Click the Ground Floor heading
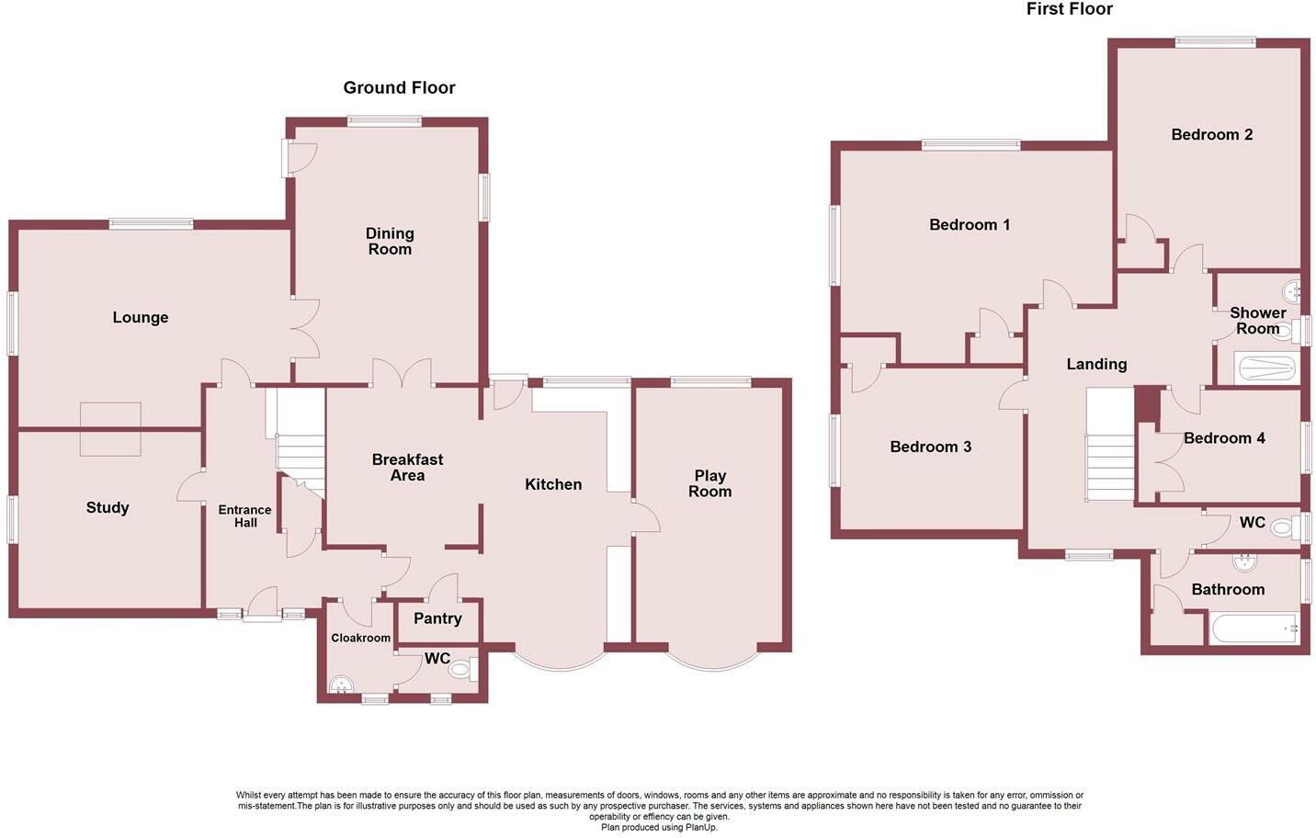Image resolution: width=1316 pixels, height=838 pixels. [399, 88]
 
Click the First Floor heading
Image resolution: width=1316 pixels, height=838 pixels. [1069, 9]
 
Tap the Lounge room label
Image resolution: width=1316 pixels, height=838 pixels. [141, 318]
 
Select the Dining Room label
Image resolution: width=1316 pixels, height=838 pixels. [390, 242]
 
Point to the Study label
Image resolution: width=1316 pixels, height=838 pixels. [108, 508]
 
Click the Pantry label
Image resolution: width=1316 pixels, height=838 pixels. [437, 618]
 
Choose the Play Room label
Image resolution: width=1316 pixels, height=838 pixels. [710, 483]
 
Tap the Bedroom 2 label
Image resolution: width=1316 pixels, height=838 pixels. [1211, 135]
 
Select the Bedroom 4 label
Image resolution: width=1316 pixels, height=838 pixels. [1224, 438]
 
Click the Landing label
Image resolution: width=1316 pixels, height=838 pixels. [1096, 365]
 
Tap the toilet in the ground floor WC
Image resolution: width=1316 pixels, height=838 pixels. [460, 671]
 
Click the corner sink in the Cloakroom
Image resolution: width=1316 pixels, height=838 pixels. [340, 685]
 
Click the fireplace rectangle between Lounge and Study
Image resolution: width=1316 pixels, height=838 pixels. [110, 429]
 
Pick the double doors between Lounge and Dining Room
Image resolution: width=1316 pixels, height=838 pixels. [307, 328]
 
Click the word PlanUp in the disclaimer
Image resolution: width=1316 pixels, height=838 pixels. [702, 827]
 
